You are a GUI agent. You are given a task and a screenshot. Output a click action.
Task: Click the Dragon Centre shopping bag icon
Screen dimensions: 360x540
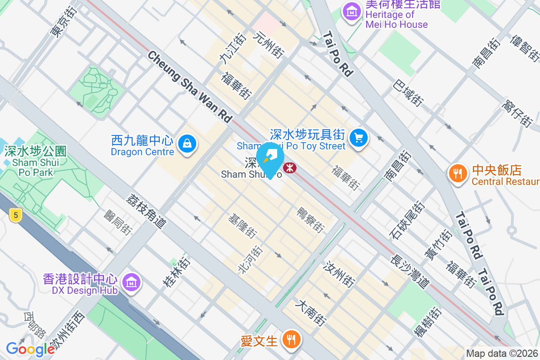pos(186,144)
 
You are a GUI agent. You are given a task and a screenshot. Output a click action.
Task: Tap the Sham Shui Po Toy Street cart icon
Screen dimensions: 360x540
pos(358,137)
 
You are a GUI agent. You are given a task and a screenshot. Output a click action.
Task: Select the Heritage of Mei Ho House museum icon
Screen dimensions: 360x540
pos(351,10)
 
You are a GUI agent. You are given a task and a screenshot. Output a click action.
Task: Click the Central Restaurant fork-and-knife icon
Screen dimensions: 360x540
pos(458,174)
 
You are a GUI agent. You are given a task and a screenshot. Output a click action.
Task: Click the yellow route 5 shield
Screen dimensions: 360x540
pos(16,216)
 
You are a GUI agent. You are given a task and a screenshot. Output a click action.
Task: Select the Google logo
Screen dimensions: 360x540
pos(30,348)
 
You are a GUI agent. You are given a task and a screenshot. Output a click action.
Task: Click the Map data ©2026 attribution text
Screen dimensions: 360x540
pos(502,354)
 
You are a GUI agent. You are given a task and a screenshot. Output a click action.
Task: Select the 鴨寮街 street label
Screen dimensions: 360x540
pos(310,220)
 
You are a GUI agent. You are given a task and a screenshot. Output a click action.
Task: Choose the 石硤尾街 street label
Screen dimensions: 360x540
pos(407,220)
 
